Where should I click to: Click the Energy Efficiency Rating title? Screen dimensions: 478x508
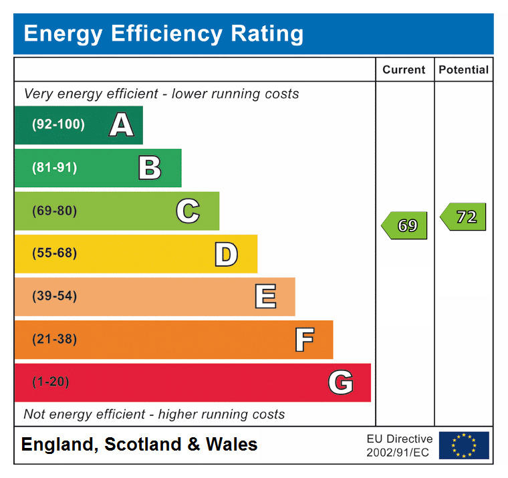pyautogui.click(x=163, y=33)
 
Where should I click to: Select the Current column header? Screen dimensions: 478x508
pyautogui.click(x=404, y=70)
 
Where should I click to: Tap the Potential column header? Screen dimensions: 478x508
pyautogui.click(x=463, y=70)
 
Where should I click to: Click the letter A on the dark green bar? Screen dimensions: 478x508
pyautogui.click(x=121, y=125)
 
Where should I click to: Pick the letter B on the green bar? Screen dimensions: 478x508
pyautogui.click(x=150, y=168)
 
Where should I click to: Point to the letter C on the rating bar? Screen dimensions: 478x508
pyautogui.click(x=188, y=211)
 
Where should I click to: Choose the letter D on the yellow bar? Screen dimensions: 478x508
pyautogui.click(x=226, y=254)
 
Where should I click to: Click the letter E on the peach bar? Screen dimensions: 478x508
pyautogui.click(x=265, y=297)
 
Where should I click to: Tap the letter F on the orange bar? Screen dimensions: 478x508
pyautogui.click(x=304, y=340)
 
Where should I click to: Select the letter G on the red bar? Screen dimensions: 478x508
pyautogui.click(x=340, y=382)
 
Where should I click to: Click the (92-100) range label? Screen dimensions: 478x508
pyautogui.click(x=58, y=125)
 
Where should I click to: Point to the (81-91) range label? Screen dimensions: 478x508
pyautogui.click(x=55, y=168)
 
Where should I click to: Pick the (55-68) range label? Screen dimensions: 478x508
pyautogui.click(x=55, y=253)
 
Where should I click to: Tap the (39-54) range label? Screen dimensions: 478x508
pyautogui.click(x=55, y=296)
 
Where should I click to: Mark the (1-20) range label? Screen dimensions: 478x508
pyautogui.click(x=51, y=382)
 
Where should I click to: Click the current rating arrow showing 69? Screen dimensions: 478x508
pyautogui.click(x=404, y=225)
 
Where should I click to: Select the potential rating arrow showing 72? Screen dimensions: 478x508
pyautogui.click(x=463, y=217)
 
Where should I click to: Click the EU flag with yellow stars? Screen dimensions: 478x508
pyautogui.click(x=463, y=445)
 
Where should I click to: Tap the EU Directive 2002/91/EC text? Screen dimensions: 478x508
pyautogui.click(x=399, y=445)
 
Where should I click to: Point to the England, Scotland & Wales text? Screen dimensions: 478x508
pyautogui.click(x=139, y=445)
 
